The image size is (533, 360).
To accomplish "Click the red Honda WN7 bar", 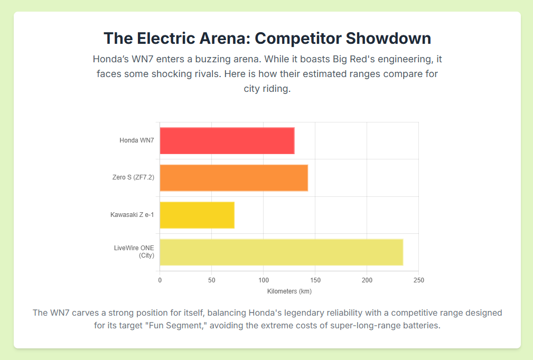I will point(227,140).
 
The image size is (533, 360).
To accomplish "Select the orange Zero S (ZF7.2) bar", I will point(233,177).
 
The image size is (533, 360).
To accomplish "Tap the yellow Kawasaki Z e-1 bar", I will point(197,215).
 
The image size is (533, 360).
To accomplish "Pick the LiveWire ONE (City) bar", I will point(281,252).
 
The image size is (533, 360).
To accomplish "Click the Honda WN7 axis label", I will point(137,140).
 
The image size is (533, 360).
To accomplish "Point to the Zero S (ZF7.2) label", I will point(133,177).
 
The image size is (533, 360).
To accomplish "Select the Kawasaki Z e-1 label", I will point(132,215).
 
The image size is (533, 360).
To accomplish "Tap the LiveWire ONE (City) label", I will point(134,252).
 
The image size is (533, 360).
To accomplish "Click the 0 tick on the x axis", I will point(160,280).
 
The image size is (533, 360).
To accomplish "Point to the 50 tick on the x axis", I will point(211,280).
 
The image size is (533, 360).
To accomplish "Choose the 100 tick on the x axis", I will point(263,280).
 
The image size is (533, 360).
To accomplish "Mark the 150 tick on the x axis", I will point(315,280).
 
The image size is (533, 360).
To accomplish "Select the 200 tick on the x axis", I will point(367,280).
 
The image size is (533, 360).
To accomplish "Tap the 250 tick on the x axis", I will point(418,280).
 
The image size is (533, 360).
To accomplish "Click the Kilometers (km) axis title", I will point(289,291).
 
